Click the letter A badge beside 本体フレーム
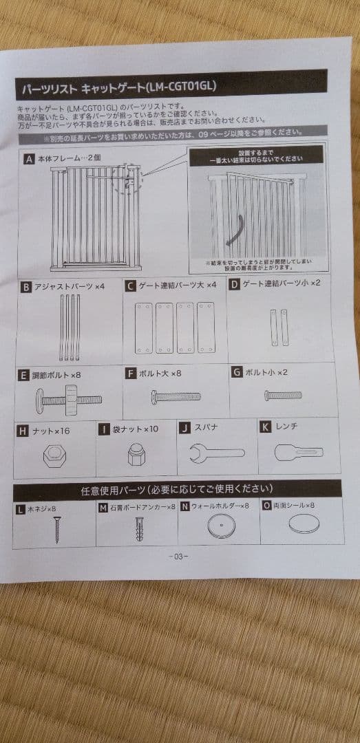click(29, 159)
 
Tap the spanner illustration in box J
click(215, 453)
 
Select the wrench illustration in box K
click(297, 452)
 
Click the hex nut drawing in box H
click(54, 455)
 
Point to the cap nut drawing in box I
click(135, 453)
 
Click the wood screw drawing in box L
click(54, 528)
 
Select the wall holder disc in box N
click(218, 528)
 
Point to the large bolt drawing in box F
click(176, 396)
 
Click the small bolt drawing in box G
click(282, 395)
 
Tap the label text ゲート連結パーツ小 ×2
click(281, 283)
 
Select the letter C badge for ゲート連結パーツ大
click(130, 285)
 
